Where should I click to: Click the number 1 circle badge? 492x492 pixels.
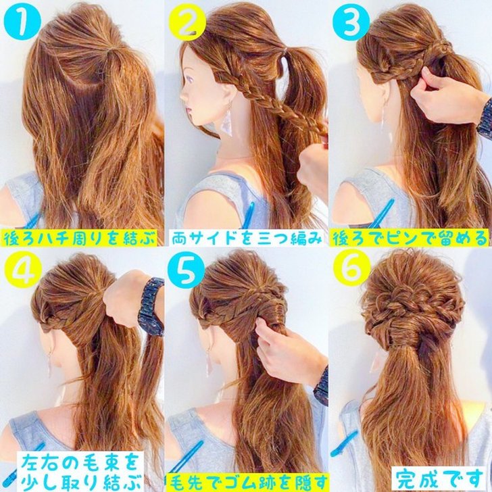pos(22,22)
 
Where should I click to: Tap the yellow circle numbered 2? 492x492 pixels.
pos(187,22)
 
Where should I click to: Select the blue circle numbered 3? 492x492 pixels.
pos(351,22)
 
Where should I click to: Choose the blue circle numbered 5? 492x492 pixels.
pos(186,270)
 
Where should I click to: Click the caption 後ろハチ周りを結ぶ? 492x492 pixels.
pos(79,239)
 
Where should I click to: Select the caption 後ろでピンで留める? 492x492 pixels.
pos(410,239)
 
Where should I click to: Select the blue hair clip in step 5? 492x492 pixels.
pos(186,457)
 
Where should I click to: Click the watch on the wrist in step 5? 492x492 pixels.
pos(322,385)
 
